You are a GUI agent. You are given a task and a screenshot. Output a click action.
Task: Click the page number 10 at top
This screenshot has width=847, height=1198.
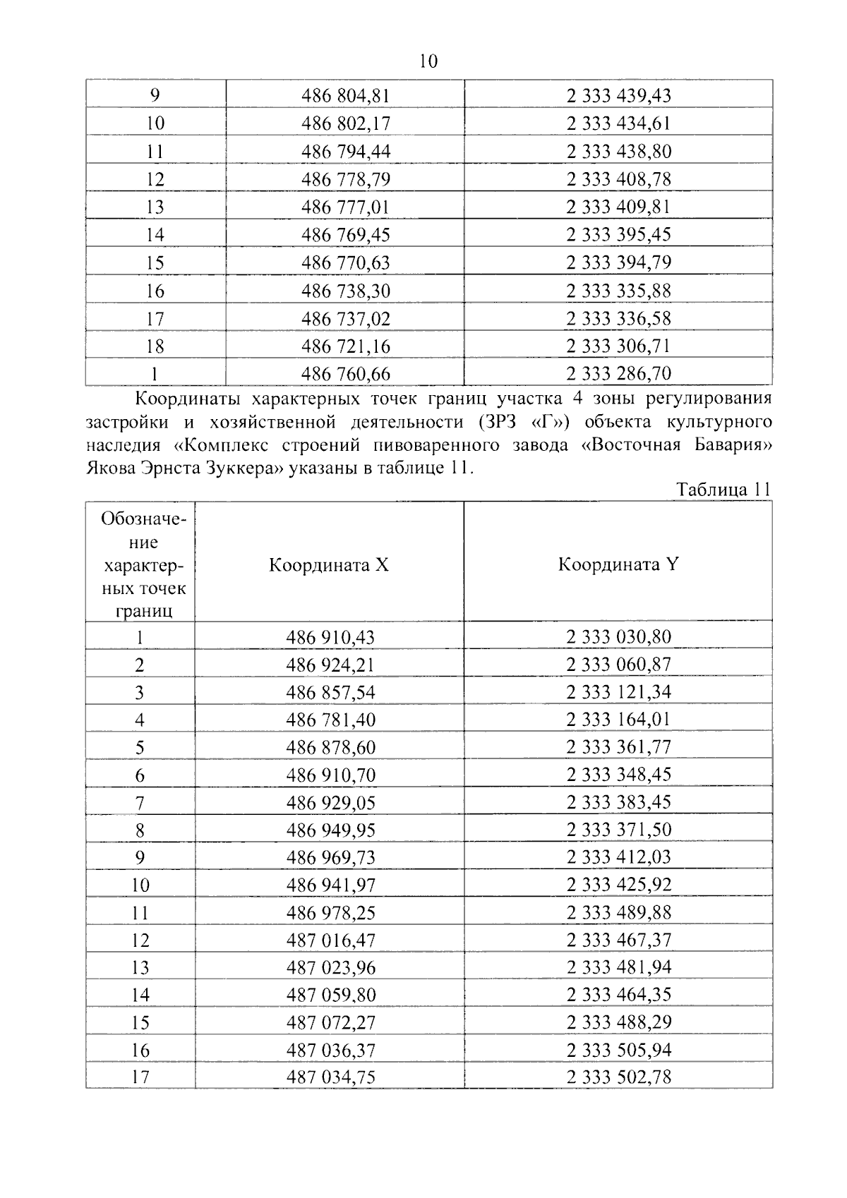point(428,61)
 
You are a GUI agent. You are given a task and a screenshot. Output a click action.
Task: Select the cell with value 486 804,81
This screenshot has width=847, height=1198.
point(345,95)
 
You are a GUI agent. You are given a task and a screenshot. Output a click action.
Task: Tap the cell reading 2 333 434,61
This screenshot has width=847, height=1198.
point(618,123)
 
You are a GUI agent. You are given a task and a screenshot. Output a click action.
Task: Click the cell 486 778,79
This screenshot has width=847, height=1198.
point(345,179)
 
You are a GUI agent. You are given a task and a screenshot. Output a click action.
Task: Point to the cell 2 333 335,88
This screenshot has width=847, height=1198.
point(618,291)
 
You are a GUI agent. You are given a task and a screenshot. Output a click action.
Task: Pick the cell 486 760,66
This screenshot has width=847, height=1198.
point(345,373)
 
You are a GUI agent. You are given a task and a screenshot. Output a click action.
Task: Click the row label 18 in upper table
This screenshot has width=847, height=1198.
point(155,346)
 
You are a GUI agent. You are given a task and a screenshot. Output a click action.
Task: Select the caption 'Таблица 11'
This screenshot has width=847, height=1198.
point(723,489)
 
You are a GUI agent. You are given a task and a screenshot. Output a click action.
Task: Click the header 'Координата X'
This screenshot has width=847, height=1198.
point(328,565)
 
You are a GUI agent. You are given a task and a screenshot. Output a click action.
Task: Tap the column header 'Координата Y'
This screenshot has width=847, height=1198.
point(618,564)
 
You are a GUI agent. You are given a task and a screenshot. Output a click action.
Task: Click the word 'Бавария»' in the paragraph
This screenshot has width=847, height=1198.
point(734,445)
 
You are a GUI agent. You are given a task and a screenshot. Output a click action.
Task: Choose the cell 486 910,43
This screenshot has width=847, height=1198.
point(330,637)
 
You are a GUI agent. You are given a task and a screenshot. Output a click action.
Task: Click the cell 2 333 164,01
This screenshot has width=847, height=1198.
point(618,720)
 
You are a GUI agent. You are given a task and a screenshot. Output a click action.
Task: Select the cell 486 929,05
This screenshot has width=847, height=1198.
point(330,803)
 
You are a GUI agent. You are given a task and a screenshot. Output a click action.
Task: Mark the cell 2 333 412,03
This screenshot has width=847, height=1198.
point(618,857)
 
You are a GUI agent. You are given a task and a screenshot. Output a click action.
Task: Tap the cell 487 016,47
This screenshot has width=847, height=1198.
point(330,940)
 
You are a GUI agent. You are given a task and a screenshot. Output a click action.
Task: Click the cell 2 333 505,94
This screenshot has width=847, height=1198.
point(618,1050)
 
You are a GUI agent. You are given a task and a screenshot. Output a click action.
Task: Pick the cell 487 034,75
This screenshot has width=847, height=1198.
point(330,1077)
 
